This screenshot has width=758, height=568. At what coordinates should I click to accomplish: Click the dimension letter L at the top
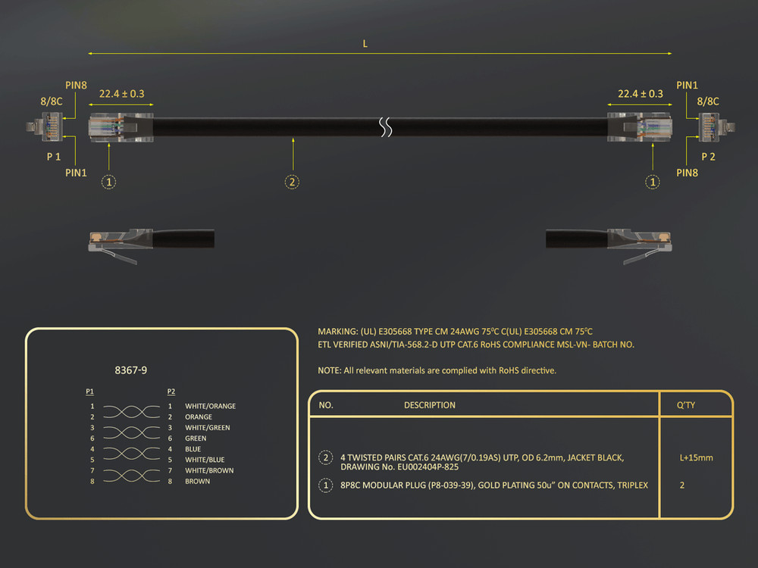tap(365, 44)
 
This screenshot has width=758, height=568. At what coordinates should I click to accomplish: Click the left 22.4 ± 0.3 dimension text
tap(122, 94)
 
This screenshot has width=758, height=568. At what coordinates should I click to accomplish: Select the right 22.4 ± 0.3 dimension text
tap(641, 94)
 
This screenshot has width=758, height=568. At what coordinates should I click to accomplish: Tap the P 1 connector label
tap(54, 157)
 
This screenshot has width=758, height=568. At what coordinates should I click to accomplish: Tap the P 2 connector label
tap(708, 157)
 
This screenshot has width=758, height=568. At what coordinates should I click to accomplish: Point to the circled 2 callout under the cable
tap(292, 182)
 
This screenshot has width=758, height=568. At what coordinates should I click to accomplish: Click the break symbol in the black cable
tap(385, 127)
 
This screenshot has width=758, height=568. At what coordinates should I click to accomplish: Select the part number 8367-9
tap(131, 370)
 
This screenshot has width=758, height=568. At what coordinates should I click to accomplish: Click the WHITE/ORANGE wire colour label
tap(210, 406)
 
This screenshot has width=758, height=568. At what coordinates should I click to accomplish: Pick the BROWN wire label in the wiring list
tap(197, 482)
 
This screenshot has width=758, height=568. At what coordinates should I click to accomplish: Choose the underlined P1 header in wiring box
tap(90, 392)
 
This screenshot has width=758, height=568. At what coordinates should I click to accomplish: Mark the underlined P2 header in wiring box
tap(171, 392)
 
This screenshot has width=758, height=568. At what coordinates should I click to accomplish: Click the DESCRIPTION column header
tap(430, 405)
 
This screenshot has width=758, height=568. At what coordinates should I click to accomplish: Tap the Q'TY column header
tap(685, 405)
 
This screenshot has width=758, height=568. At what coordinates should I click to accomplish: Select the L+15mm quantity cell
tap(696, 458)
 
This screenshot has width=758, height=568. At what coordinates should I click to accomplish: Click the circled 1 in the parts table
tap(326, 485)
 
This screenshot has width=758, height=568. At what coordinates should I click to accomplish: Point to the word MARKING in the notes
tap(337, 332)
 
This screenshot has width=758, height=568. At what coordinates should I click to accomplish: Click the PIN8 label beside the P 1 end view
tap(76, 86)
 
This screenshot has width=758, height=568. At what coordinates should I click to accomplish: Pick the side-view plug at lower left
tap(152, 244)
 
